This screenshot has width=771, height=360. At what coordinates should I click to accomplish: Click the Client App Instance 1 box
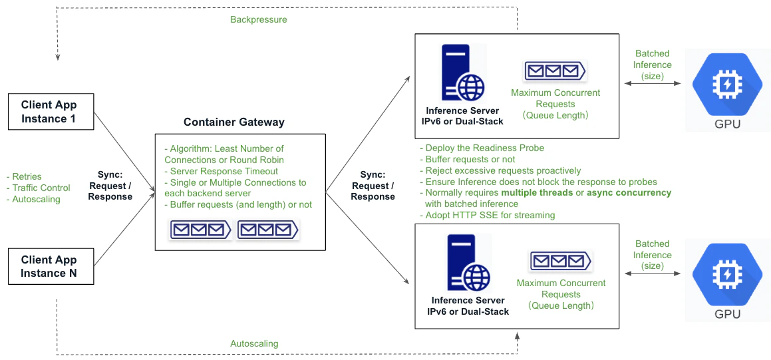(49, 112)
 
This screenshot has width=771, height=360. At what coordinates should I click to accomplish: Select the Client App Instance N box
(49, 267)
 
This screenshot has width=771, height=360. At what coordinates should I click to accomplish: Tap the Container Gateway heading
(233, 122)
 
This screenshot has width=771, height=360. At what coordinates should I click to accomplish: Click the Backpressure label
(259, 20)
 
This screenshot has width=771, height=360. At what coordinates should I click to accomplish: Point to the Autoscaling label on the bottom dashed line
(254, 344)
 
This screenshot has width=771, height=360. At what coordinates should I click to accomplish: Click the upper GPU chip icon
(726, 85)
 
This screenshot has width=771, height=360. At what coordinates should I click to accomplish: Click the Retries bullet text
(27, 177)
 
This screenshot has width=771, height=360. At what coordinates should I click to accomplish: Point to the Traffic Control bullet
(41, 188)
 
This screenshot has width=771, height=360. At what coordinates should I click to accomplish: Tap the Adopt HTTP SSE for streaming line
(490, 216)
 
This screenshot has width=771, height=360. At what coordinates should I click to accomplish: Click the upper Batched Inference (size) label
(652, 65)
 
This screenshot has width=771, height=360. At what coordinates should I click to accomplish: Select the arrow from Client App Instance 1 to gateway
(125, 154)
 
